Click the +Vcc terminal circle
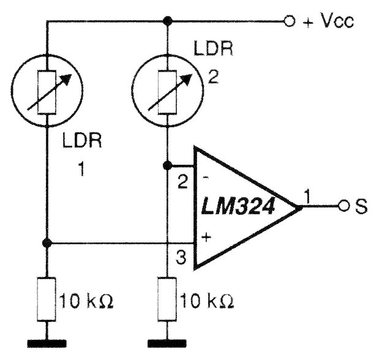289,21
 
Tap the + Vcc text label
329,21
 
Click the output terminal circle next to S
343,206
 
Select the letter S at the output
362,206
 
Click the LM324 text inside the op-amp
238,206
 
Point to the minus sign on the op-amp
206,178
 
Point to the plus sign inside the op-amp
206,237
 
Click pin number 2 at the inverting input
183,182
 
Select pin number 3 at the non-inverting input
181,258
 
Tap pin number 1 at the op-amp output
308,197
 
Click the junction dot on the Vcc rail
166,21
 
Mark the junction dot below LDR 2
167,165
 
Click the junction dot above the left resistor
47,243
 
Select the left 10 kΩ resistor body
47,299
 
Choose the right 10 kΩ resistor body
167,299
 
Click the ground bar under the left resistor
47,343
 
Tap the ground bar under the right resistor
167,343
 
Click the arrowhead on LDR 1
66,80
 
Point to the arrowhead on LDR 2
187,80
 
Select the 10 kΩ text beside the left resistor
86,301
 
